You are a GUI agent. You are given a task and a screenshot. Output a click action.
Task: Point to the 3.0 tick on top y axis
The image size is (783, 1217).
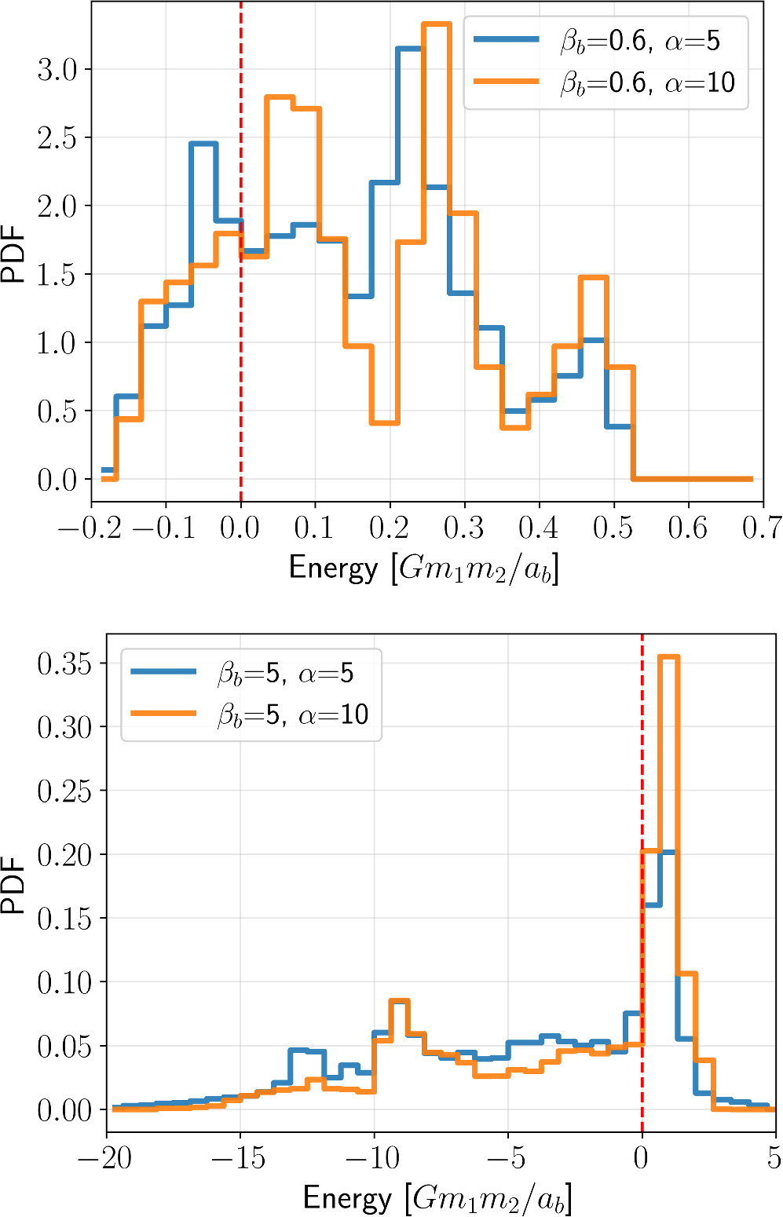58,70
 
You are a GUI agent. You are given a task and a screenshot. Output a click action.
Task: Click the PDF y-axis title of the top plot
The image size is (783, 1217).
14,254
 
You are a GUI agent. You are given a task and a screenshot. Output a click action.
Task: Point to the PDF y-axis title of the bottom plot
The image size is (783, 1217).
14,886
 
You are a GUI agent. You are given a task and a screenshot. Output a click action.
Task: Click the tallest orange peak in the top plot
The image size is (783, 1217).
436,25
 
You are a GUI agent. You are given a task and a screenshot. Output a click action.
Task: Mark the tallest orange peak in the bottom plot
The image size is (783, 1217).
668,657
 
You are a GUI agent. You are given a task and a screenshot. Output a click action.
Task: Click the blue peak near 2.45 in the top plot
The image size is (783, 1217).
203,144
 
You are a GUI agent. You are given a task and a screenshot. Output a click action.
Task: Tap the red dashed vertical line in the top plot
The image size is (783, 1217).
240,314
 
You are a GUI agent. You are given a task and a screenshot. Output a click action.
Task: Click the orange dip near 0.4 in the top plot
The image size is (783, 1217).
384,422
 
